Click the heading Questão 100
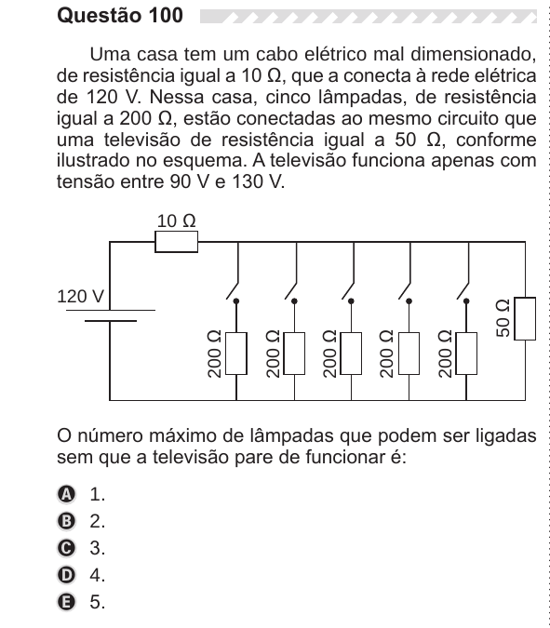point(120,15)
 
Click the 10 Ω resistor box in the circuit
point(176,242)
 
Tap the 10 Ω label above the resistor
point(176,220)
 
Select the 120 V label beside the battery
point(81,297)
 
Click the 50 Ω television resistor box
point(525,318)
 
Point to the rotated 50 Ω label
point(503,318)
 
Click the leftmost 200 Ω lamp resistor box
point(236,354)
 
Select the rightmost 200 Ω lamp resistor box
point(466,354)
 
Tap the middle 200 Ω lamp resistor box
point(351,354)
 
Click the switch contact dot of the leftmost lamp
point(236,301)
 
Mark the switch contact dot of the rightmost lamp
point(466,301)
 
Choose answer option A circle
point(66,494)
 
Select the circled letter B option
point(66,521)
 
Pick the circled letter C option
point(66,548)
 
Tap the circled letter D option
point(66,575)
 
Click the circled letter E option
point(66,602)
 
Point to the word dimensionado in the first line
point(474,55)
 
